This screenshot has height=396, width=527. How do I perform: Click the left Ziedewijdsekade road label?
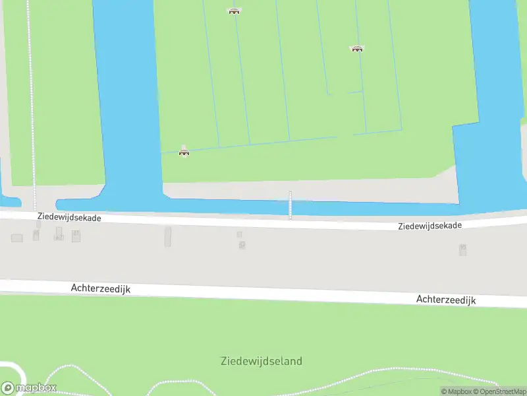pyautogui.click(x=69, y=217)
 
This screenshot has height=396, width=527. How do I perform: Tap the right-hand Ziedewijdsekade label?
pyautogui.click(x=430, y=226)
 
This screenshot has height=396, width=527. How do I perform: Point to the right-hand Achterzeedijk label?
pyautogui.click(x=445, y=300)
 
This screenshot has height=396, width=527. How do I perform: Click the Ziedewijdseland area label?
pyautogui.click(x=262, y=361)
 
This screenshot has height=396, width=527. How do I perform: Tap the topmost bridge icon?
pyautogui.click(x=234, y=11)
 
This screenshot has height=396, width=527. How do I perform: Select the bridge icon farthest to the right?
pyautogui.click(x=357, y=49)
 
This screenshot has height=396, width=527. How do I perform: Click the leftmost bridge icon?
pyautogui.click(x=184, y=152)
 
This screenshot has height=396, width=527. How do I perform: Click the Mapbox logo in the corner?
pyautogui.click(x=29, y=388)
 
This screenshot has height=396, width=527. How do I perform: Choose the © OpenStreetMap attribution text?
pyautogui.click(x=499, y=391)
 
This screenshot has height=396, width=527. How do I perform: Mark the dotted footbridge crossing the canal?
pyautogui.click(x=290, y=205)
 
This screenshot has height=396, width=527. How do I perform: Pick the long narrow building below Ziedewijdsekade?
pyautogui.click(x=168, y=236)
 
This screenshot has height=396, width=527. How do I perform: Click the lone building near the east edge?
pyautogui.click(x=462, y=249)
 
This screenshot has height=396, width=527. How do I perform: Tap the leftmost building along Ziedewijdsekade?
pyautogui.click(x=17, y=238)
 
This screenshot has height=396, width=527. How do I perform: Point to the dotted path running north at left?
pyautogui.click(x=30, y=99)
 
